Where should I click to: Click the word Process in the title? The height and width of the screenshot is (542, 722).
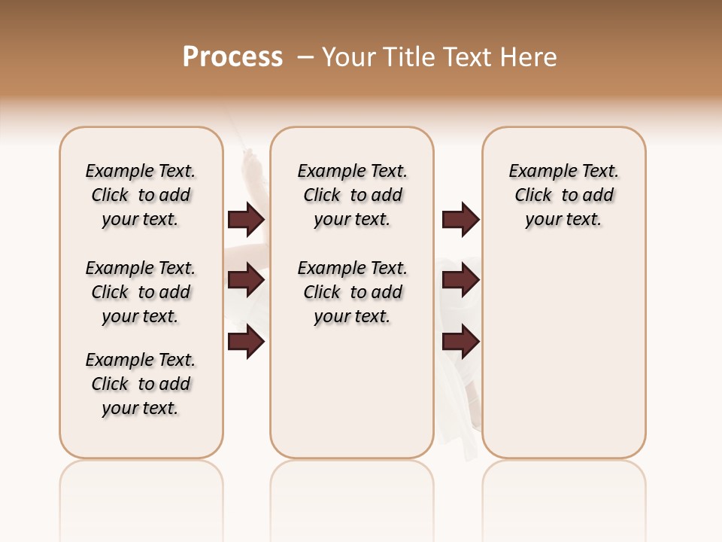point(232,57)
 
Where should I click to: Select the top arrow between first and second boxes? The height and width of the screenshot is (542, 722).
point(246,219)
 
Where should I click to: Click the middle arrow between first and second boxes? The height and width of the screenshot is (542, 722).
point(246,280)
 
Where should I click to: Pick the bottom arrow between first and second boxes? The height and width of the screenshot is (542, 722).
point(246,342)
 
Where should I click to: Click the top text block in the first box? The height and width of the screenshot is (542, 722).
point(141,195)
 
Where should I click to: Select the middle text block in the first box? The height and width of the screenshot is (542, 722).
point(141,292)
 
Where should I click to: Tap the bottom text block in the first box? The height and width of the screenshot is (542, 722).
point(141,384)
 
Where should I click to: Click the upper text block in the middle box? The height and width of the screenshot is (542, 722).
point(352,195)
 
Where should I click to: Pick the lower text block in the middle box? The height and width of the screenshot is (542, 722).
point(352,292)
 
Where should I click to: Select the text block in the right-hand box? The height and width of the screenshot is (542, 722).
point(563,195)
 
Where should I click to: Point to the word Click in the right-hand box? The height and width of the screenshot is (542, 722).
point(533,196)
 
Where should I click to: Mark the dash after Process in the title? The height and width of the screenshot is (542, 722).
point(306,57)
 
